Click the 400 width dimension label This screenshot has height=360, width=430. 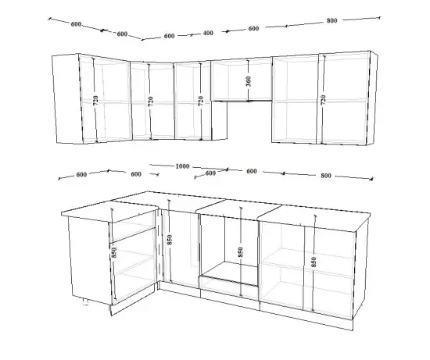point(208,33)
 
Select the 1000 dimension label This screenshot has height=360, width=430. point(182,166)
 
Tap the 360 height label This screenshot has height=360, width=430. point(248,81)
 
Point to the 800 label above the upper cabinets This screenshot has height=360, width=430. point(331,20)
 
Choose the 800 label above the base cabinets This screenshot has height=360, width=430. point(326,176)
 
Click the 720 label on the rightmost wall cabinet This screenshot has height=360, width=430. point(323,100)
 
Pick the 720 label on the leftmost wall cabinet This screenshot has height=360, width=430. point(95,101)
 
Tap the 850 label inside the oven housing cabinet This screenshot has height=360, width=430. point(240,252)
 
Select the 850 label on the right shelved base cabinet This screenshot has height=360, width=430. point(314,262)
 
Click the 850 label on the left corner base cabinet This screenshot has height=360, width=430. point(114,252)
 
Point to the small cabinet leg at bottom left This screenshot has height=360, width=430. point(85,302)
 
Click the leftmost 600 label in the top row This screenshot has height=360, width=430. point(76,24)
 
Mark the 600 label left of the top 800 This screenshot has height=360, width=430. point(253,28)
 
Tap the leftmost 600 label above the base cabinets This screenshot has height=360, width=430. point(81,174)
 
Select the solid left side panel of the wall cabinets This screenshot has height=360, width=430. point(68,98)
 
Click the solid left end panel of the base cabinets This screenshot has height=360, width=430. point(90,259)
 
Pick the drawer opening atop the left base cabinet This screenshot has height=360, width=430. point(132,226)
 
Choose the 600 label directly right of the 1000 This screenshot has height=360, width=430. point(210,173)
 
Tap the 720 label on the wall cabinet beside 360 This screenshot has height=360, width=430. point(201,101)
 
